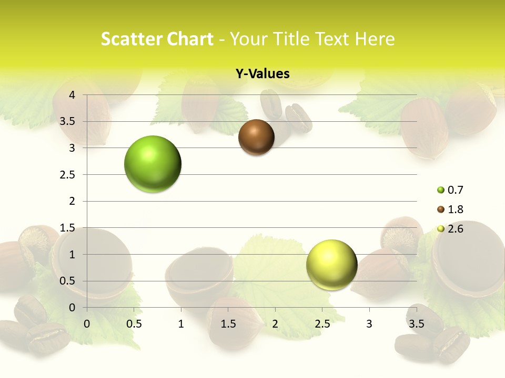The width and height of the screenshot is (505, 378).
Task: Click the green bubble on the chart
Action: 153,164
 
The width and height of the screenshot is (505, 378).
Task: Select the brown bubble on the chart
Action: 256,137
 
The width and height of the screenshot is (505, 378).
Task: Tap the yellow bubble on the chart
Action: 331,265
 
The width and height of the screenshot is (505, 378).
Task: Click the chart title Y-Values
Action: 262,74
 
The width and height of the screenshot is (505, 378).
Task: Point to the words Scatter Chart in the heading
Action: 157,39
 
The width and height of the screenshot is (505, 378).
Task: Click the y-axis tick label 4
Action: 72,95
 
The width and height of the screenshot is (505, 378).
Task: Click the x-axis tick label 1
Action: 181,323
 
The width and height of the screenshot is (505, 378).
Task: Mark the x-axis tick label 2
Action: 275,323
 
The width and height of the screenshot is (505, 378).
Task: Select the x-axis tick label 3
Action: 369,323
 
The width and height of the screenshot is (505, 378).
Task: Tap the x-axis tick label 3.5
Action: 417,323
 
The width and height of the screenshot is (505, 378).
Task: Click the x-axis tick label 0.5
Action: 134,323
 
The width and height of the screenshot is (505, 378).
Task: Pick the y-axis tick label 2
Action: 72,201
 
